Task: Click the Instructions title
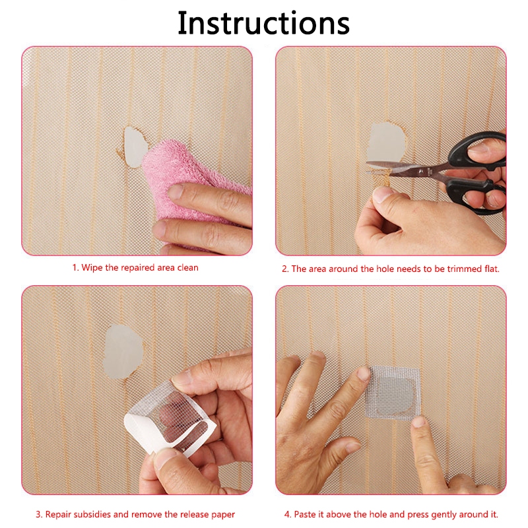tap(263, 23)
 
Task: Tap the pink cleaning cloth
tap(189, 182)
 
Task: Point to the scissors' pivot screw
tap(421, 172)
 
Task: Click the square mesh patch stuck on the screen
tap(393, 393)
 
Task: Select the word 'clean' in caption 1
tap(188, 268)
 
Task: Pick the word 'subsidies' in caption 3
tap(92, 514)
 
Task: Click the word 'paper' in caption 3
tap(223, 515)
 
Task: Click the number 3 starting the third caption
tap(38, 515)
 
